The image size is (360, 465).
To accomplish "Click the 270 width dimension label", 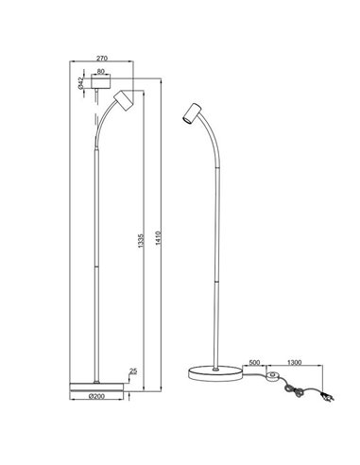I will tap(104, 57).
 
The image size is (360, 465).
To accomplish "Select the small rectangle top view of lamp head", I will tap(100, 81).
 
